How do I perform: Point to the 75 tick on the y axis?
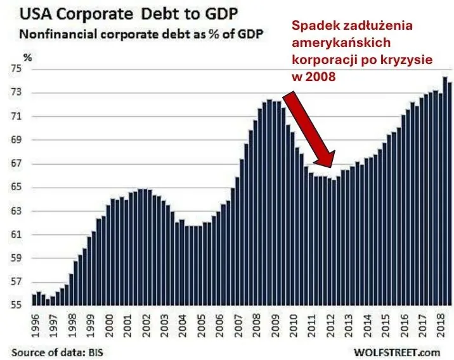coord(15,69)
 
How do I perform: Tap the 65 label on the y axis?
coord(15,188)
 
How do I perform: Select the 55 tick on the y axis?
coord(15,305)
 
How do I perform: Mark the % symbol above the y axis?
coord(27,57)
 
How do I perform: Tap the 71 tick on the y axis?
coord(15,117)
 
